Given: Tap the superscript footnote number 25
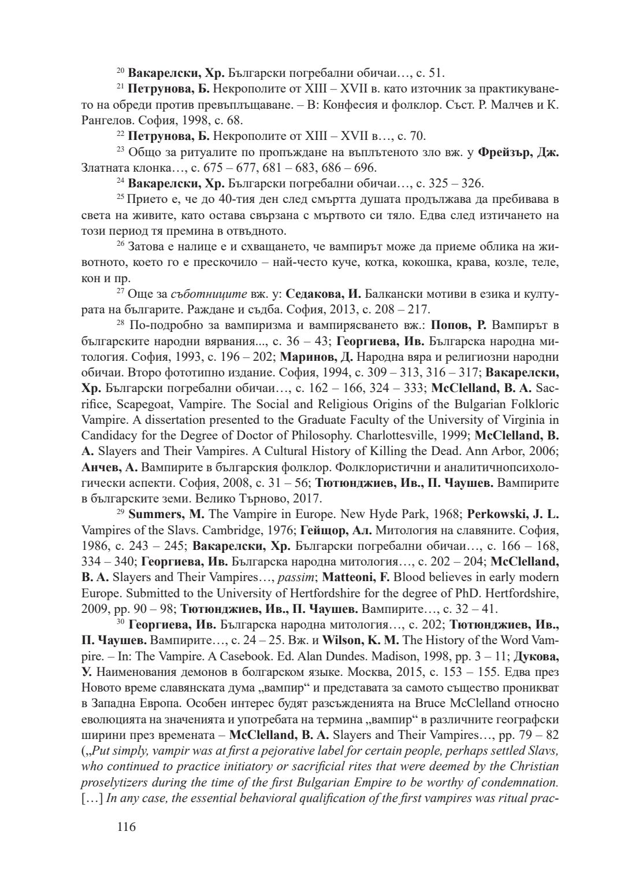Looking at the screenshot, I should [120, 198].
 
